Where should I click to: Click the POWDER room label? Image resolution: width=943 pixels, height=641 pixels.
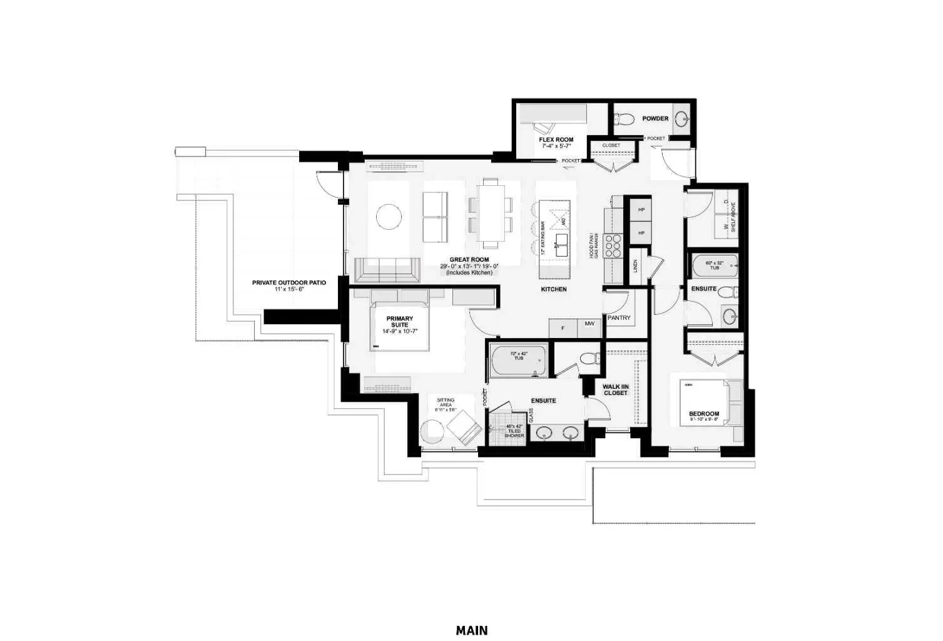point(655,118)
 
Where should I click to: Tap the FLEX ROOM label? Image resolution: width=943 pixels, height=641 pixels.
point(556,140)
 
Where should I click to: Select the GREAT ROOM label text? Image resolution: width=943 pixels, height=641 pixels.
point(469,260)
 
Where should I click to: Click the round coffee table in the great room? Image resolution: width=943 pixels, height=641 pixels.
point(389,217)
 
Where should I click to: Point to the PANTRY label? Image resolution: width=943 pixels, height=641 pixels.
point(619,318)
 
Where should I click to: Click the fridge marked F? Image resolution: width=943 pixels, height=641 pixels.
point(563,328)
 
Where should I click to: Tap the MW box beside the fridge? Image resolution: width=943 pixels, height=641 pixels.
point(589,324)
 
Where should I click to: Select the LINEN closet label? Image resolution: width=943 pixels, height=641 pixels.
point(635,266)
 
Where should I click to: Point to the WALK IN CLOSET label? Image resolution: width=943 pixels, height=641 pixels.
point(615,390)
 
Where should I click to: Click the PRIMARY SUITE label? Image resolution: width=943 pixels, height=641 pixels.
point(399,322)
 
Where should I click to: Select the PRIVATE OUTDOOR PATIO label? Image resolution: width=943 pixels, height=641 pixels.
point(288,283)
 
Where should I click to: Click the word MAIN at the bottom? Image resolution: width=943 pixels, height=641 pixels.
point(471,630)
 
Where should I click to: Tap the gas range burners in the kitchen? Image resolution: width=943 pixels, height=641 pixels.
point(614,246)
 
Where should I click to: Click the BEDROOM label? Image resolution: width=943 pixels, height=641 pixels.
point(703,414)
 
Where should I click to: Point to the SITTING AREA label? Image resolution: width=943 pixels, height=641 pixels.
point(446,403)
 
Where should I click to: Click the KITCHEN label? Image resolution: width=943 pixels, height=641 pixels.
point(554,289)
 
